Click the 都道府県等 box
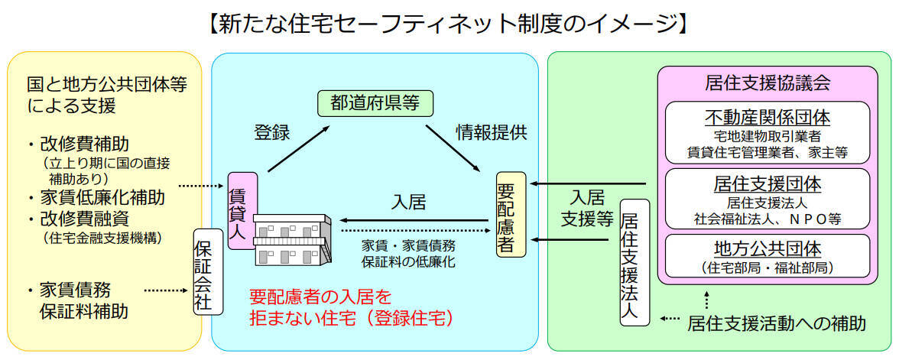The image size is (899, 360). pos(375,103)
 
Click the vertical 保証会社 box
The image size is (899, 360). pos(208,271)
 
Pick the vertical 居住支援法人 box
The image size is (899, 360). pos(634,262)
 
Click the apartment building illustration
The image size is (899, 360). pos(291,239)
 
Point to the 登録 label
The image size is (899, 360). pos(271,132)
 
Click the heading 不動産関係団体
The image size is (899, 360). pos(767,118)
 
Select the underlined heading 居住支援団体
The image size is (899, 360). pos(767,184)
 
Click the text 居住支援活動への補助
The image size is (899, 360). pos(776,323)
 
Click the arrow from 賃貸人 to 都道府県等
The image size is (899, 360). pos(297,150)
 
